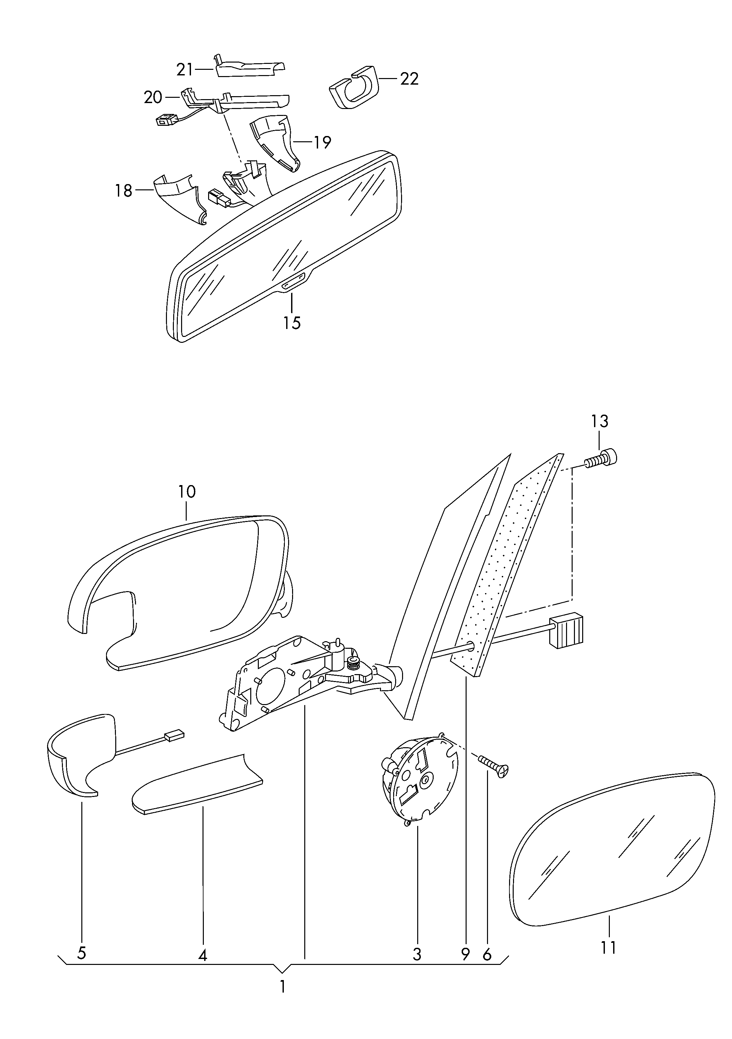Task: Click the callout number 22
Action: tap(409, 79)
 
